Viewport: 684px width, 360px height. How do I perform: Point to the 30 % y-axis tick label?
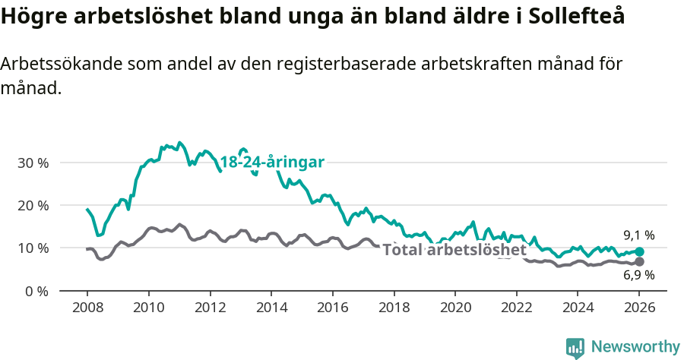click(x=33, y=163)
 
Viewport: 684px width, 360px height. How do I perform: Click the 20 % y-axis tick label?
click(x=33, y=205)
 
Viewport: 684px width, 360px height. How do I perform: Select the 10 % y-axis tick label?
click(x=33, y=248)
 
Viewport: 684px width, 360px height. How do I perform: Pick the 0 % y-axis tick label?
click(x=36, y=291)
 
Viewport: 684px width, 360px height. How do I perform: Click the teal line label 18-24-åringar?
click(x=272, y=162)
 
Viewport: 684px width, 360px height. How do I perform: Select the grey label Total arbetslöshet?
click(x=454, y=250)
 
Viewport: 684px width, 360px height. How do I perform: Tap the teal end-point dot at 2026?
click(x=639, y=251)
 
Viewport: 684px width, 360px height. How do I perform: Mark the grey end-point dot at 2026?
click(x=639, y=261)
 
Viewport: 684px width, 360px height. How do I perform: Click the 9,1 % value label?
click(x=638, y=235)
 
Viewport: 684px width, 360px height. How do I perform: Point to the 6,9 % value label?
click(x=638, y=276)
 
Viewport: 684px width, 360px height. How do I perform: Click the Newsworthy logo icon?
click(x=575, y=347)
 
